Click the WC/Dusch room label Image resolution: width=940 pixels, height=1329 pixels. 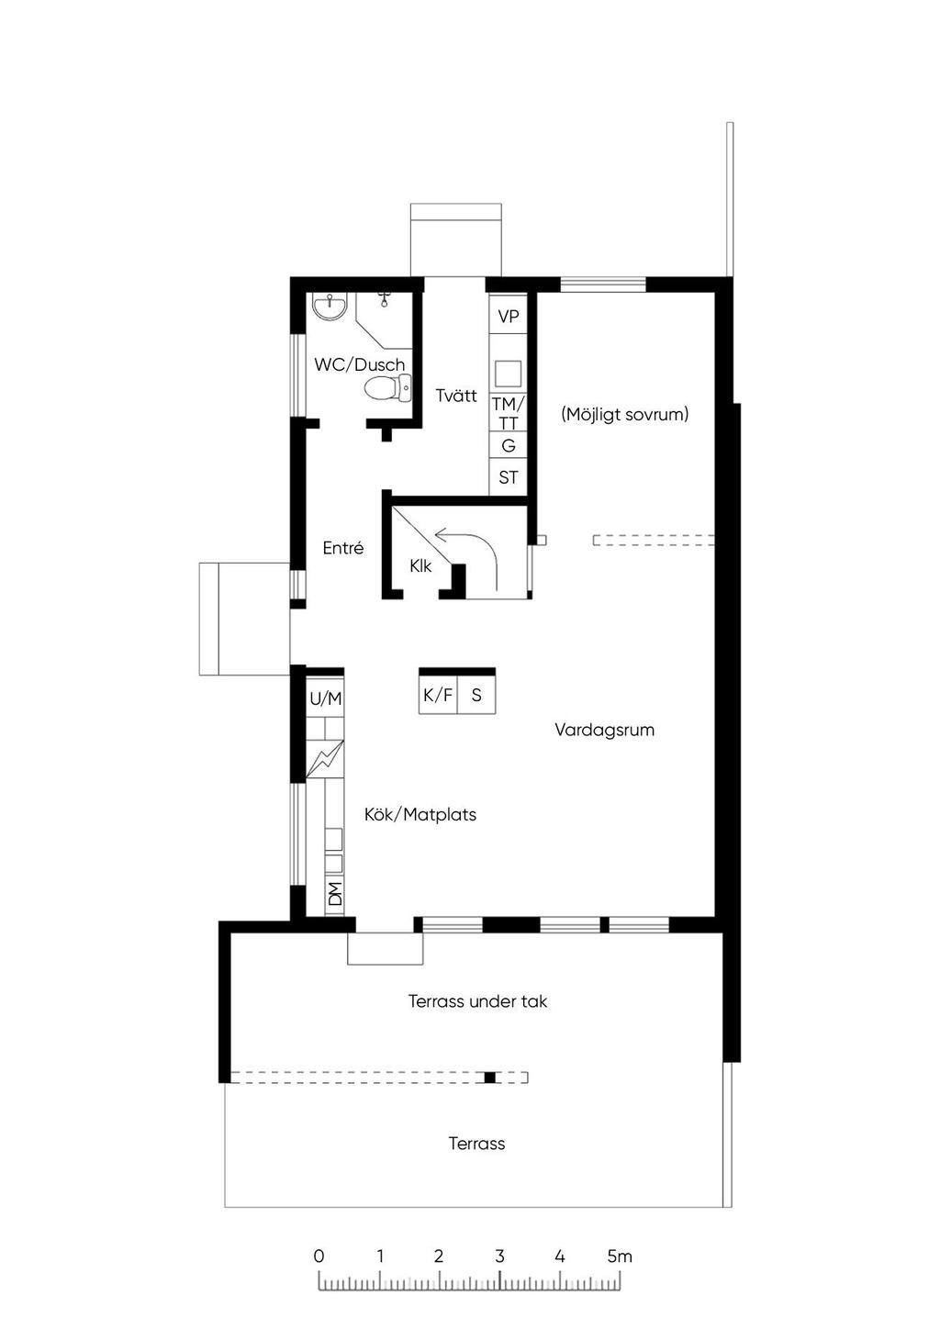click(359, 364)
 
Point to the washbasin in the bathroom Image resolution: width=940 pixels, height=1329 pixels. click(330, 307)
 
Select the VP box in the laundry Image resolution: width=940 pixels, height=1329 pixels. click(508, 317)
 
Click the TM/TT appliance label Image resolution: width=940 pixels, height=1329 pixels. click(508, 413)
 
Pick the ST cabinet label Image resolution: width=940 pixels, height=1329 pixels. click(508, 477)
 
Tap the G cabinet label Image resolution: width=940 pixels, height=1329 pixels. click(508, 445)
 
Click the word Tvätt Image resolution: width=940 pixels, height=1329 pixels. click(455, 396)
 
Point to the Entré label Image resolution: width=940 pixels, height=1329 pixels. click(343, 548)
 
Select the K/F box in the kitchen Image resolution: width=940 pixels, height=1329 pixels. click(438, 694)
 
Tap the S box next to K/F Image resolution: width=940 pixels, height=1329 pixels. click(476, 694)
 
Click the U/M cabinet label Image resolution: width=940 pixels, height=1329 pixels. click(326, 698)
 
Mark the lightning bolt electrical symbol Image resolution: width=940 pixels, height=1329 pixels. click(325, 759)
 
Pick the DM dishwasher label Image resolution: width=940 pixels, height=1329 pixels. click(335, 894)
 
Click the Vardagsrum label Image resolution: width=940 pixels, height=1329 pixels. click(604, 730)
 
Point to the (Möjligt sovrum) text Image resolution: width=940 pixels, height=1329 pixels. click(624, 414)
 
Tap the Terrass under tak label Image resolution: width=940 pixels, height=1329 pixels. click(477, 1001)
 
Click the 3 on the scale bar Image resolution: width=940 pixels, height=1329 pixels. click(499, 1256)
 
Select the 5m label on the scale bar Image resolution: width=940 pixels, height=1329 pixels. click(620, 1256)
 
